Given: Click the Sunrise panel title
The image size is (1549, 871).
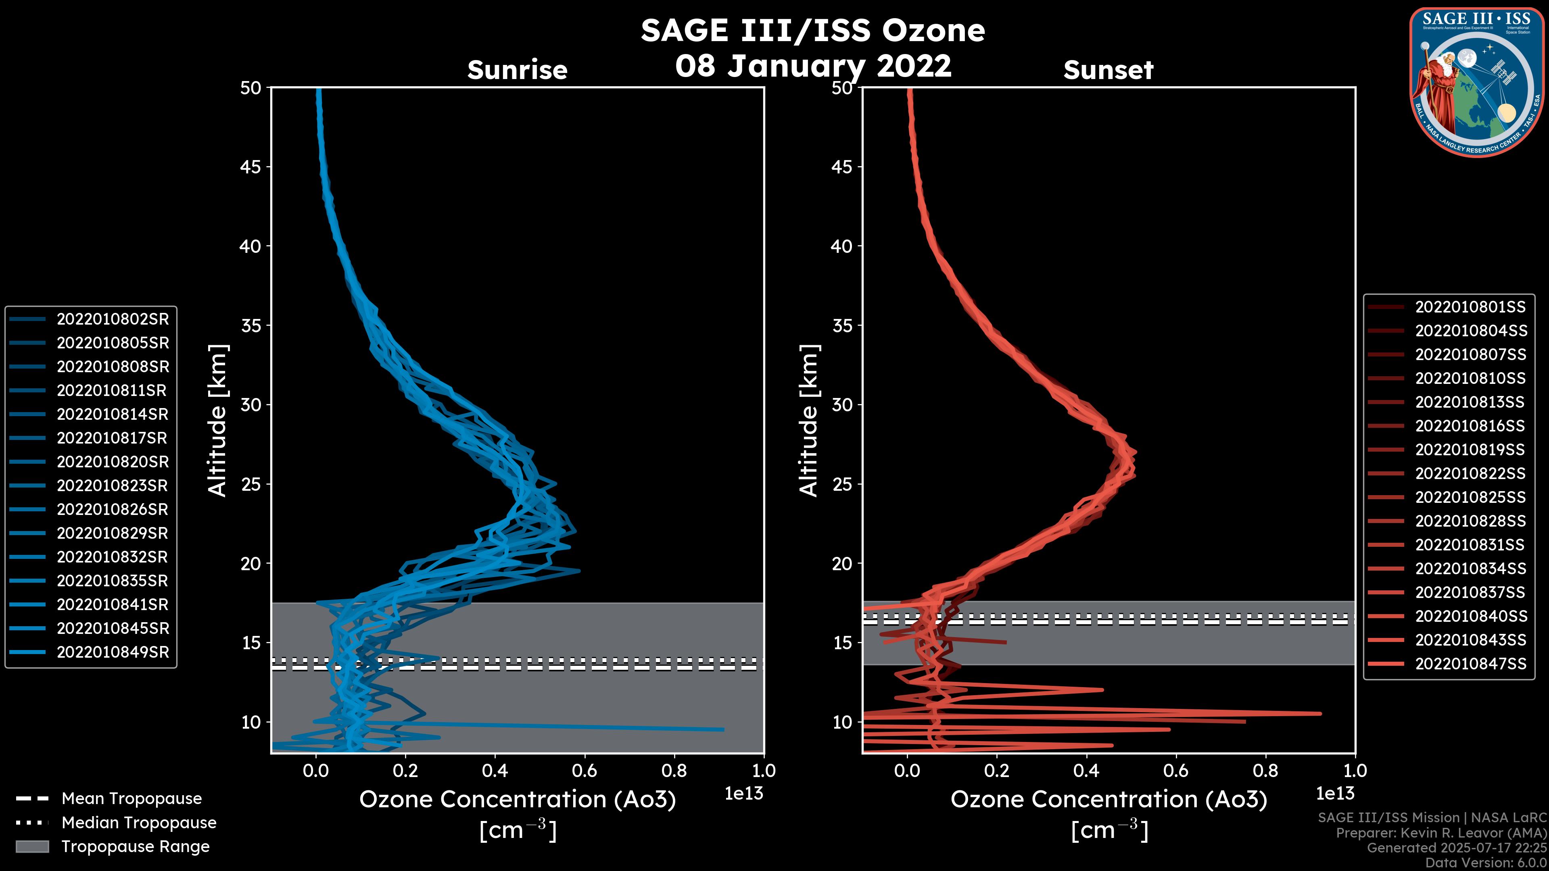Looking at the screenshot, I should tap(517, 70).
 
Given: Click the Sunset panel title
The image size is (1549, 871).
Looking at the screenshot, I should tap(1108, 70).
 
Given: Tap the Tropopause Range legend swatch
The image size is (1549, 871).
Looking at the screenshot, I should tap(32, 846).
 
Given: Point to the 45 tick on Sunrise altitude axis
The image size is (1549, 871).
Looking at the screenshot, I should tap(251, 167).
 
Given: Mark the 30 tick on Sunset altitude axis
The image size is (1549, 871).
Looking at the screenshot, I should tap(842, 404).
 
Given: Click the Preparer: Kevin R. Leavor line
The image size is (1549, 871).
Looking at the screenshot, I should tap(1441, 833).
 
